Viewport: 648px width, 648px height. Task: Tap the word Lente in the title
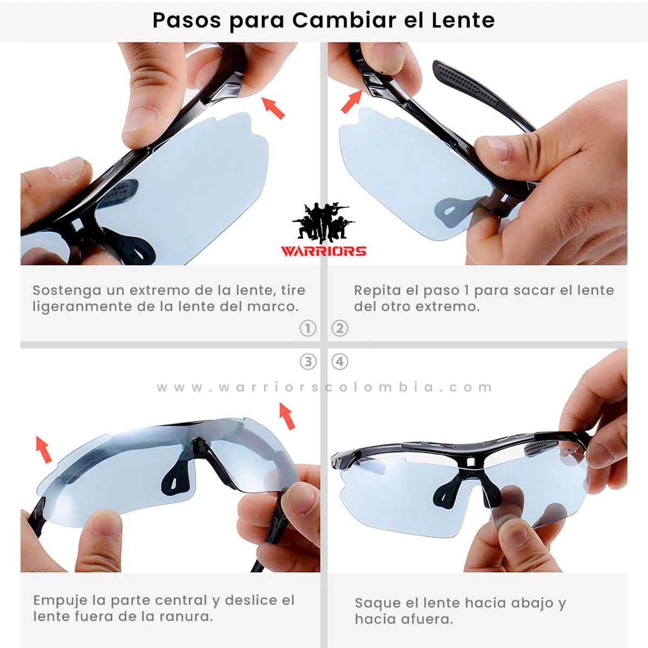(x=463, y=20)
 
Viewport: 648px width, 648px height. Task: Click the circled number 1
(x=308, y=328)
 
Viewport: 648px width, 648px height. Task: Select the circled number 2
(x=340, y=328)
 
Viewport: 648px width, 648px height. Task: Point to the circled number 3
(x=308, y=362)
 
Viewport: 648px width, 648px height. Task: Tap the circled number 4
(x=340, y=362)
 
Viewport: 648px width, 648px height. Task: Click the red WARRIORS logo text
(x=323, y=252)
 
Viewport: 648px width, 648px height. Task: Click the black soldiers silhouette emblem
(x=323, y=222)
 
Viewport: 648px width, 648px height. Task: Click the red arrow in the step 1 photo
(x=273, y=107)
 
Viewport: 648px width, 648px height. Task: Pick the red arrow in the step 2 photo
(x=352, y=102)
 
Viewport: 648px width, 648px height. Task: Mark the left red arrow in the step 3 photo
(x=44, y=449)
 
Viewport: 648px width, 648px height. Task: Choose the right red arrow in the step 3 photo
(x=287, y=416)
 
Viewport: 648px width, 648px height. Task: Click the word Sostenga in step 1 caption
(x=67, y=291)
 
